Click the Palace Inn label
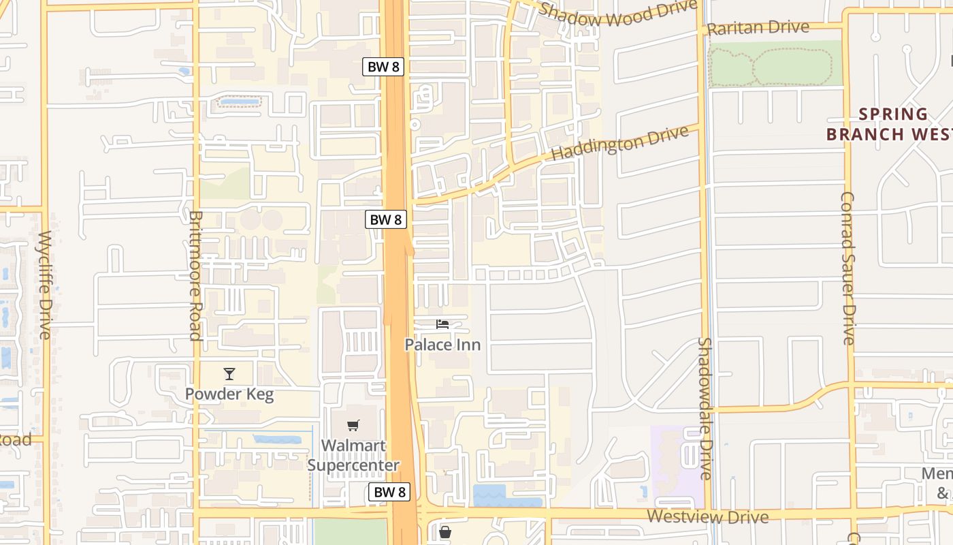point(442,345)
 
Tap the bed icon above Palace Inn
point(442,324)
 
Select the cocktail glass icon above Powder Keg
point(229,374)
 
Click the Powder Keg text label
point(229,394)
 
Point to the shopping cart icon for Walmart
point(353,426)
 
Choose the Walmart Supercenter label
point(353,456)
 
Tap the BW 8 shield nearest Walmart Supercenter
point(390,492)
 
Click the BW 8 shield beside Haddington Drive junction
point(386,219)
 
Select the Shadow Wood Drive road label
point(617,13)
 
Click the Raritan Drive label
point(758,28)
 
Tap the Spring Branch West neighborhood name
point(889,124)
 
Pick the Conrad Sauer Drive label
point(847,268)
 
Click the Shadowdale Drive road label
point(705,409)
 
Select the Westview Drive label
point(708,516)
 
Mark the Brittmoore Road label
point(195,275)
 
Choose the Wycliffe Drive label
point(45,285)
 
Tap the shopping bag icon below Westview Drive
point(445,531)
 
